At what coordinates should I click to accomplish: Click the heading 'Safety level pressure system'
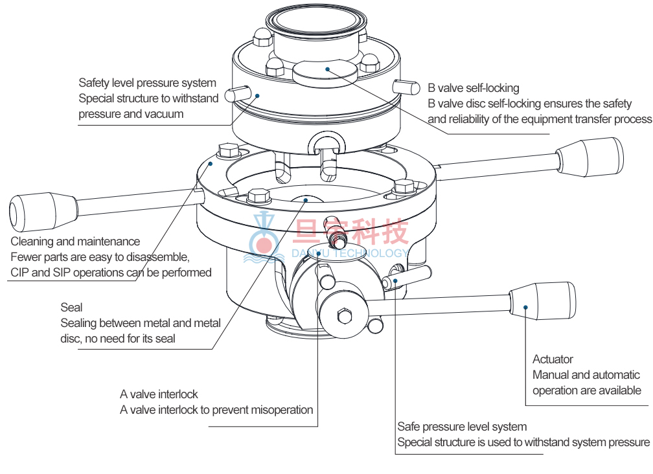point(147,83)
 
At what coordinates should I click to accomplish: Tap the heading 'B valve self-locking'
point(473,88)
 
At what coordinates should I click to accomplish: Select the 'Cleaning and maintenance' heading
point(75,242)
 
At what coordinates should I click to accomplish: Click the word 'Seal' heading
point(72,307)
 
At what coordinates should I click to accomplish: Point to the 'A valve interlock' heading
point(159,394)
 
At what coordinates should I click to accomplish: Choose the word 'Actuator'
point(553,359)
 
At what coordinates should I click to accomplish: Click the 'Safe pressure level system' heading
point(461,427)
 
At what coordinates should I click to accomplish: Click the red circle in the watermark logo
point(264,245)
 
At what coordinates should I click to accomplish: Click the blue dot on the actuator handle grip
point(526,308)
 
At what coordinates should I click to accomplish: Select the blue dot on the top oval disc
point(328,69)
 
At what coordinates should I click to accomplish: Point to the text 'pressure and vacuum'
point(131,114)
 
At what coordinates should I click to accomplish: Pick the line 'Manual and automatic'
point(586,374)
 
